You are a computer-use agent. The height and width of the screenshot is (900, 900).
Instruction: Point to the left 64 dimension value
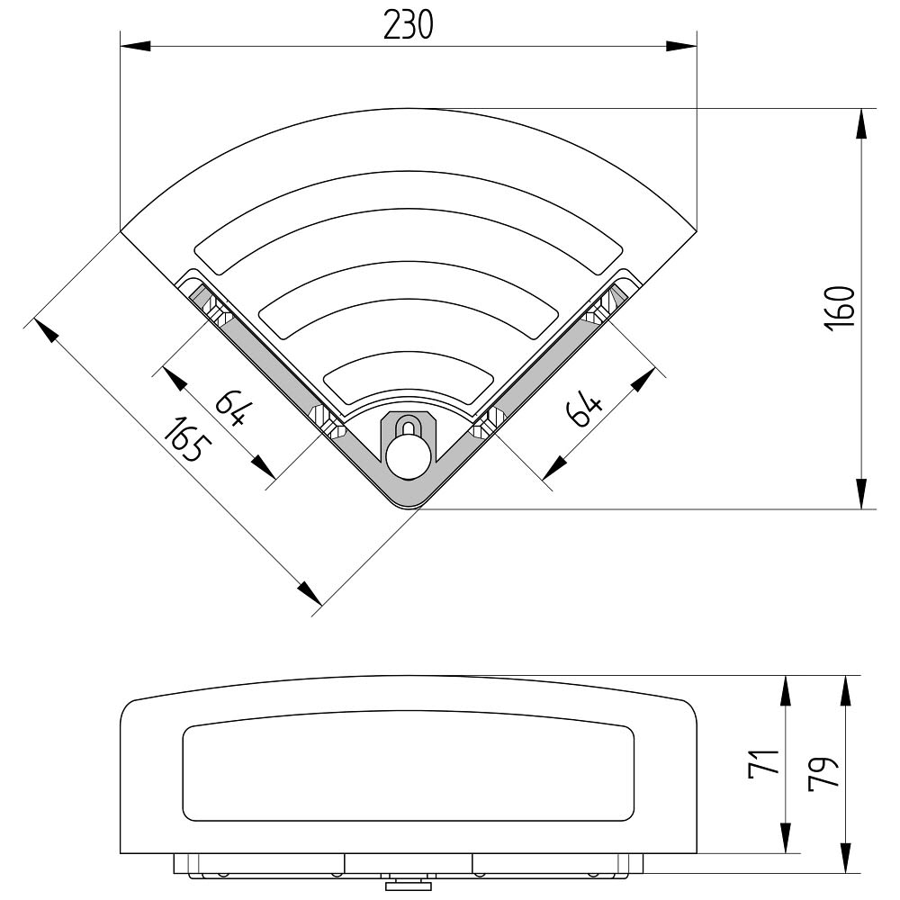click(234, 408)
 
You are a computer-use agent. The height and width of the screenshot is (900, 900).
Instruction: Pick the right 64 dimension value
click(584, 409)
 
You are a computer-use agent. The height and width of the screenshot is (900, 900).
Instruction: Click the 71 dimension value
click(764, 764)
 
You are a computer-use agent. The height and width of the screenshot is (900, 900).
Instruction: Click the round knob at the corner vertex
click(408, 456)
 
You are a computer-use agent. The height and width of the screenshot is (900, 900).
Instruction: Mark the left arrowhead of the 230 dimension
click(136, 46)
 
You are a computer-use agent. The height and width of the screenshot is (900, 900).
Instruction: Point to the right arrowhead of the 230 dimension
click(681, 46)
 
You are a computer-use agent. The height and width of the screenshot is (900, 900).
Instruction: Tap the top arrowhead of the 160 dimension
click(861, 123)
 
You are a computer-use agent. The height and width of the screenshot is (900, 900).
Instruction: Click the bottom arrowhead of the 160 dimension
click(861, 493)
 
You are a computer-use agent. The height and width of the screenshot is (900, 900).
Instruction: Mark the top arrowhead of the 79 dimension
click(847, 691)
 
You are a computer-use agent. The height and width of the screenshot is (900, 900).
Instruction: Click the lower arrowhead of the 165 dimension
click(309, 593)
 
